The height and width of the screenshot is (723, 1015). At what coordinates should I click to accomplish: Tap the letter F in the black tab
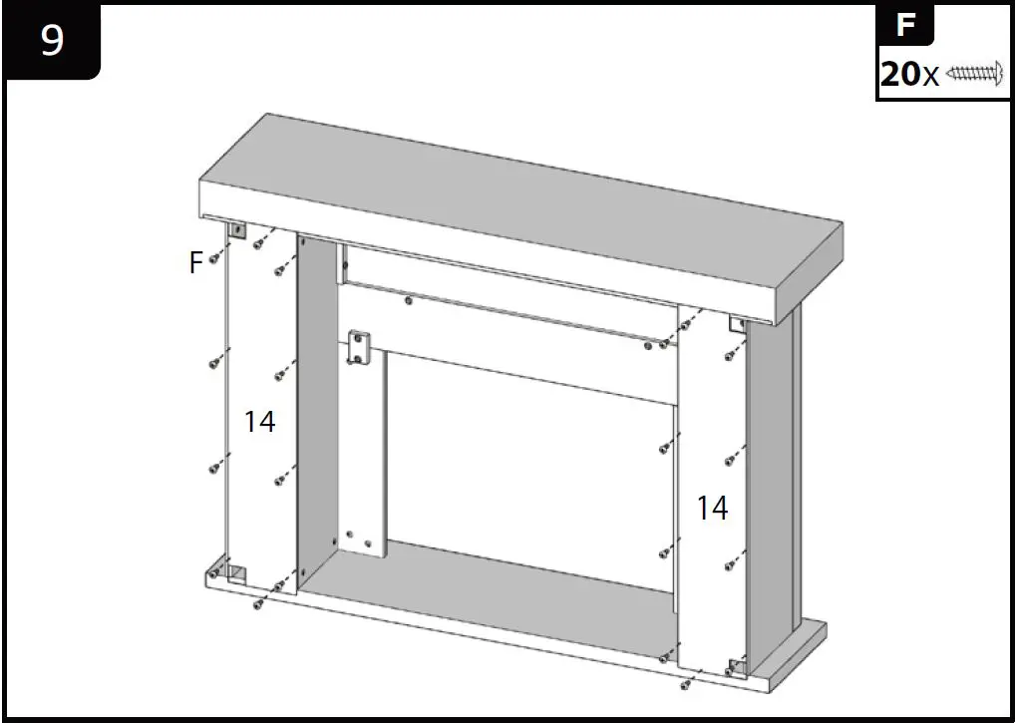(905, 24)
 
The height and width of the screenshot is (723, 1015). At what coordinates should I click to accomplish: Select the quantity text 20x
(909, 74)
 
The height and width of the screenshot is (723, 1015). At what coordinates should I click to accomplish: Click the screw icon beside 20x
(973, 73)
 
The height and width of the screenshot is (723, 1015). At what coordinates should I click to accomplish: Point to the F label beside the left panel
(196, 262)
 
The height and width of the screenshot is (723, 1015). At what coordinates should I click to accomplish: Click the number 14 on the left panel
(259, 422)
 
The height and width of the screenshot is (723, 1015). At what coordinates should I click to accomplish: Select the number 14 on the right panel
(712, 508)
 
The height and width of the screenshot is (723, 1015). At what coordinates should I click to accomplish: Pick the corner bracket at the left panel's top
(238, 231)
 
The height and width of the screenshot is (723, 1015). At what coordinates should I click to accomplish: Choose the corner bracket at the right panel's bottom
(736, 667)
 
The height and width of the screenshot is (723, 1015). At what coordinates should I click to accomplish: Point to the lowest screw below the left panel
(257, 604)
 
